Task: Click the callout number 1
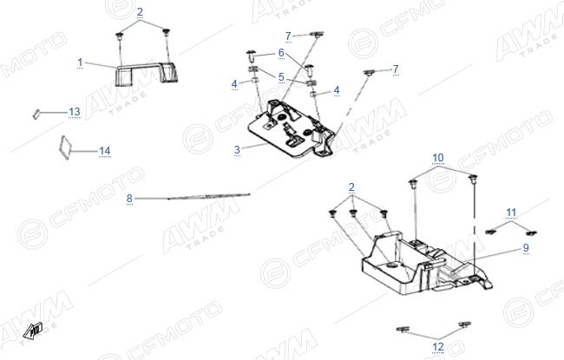(x=80, y=62)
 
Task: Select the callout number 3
(x=237, y=149)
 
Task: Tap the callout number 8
(x=129, y=198)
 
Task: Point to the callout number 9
(x=526, y=247)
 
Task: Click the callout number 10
(x=438, y=158)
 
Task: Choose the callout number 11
(x=511, y=213)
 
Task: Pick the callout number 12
(x=438, y=347)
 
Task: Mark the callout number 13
(x=75, y=112)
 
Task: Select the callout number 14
(x=105, y=151)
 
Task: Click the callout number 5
(x=281, y=77)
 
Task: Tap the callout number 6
(x=281, y=53)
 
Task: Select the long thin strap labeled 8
(x=208, y=196)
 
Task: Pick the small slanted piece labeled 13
(x=36, y=114)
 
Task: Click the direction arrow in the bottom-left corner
(x=33, y=331)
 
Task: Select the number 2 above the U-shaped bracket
(x=140, y=12)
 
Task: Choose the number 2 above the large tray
(x=351, y=187)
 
